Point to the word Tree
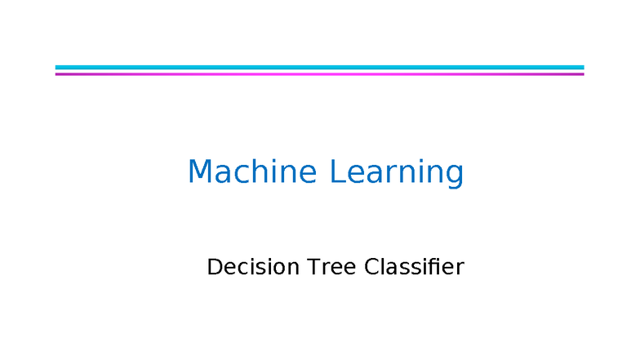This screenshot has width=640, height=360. (331, 267)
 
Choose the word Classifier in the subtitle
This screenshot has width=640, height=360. (414, 267)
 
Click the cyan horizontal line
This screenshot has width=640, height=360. (319, 67)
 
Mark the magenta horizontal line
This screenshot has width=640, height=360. (319, 73)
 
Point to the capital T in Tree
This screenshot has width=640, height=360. (313, 267)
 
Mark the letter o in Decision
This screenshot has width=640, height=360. (275, 269)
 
